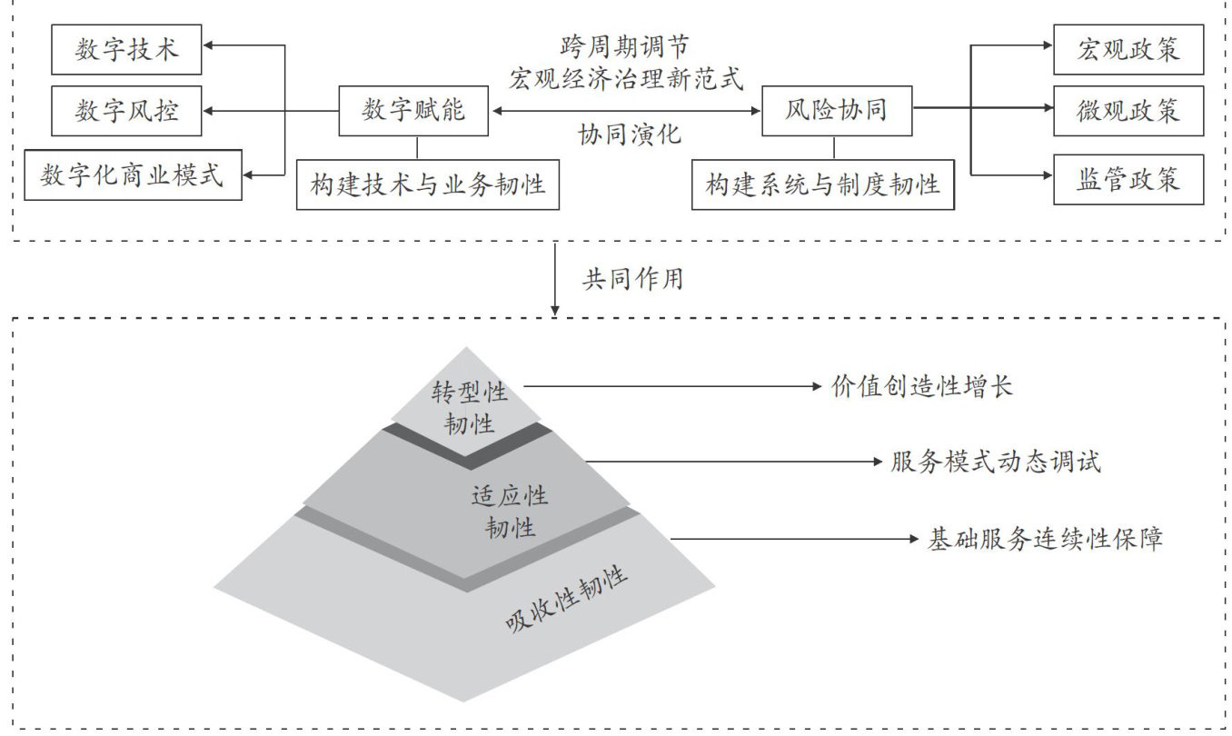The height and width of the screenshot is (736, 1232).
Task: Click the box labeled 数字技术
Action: tap(127, 50)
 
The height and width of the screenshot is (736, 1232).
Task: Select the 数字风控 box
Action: tap(127, 112)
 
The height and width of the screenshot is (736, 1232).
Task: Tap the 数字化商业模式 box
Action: tap(133, 174)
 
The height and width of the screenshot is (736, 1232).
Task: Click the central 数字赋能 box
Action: tap(413, 111)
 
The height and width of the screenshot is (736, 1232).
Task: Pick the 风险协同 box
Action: tap(836, 111)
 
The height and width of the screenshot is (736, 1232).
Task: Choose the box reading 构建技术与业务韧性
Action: tap(428, 185)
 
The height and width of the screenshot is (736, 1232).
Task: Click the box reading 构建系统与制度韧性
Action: tap(823, 185)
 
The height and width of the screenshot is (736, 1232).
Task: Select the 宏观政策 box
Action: tap(1128, 50)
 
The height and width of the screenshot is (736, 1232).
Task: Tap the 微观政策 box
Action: tap(1128, 111)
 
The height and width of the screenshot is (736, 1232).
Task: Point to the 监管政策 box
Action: tap(1128, 179)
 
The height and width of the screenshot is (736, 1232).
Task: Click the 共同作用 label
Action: tap(631, 279)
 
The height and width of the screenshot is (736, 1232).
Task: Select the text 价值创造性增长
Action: tap(921, 387)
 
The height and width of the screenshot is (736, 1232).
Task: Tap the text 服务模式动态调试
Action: tap(996, 462)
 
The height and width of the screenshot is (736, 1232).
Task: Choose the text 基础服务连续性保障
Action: tap(1045, 539)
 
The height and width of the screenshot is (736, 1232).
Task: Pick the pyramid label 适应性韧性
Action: tap(510, 511)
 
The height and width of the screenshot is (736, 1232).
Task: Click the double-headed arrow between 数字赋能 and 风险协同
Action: tap(625, 111)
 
